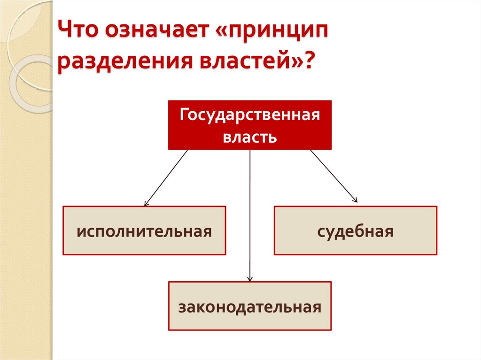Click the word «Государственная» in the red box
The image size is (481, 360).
(250, 115)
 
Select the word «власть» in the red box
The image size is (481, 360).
(250, 138)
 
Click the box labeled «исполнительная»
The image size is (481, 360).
(144, 230)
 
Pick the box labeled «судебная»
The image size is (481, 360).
(356, 230)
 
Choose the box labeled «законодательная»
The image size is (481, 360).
(250, 306)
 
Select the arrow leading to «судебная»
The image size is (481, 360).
(334, 176)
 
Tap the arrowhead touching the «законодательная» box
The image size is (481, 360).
(250, 279)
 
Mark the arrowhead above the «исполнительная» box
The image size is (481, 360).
(146, 203)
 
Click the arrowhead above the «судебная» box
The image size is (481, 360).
(356, 200)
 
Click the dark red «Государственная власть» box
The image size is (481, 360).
(250, 125)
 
